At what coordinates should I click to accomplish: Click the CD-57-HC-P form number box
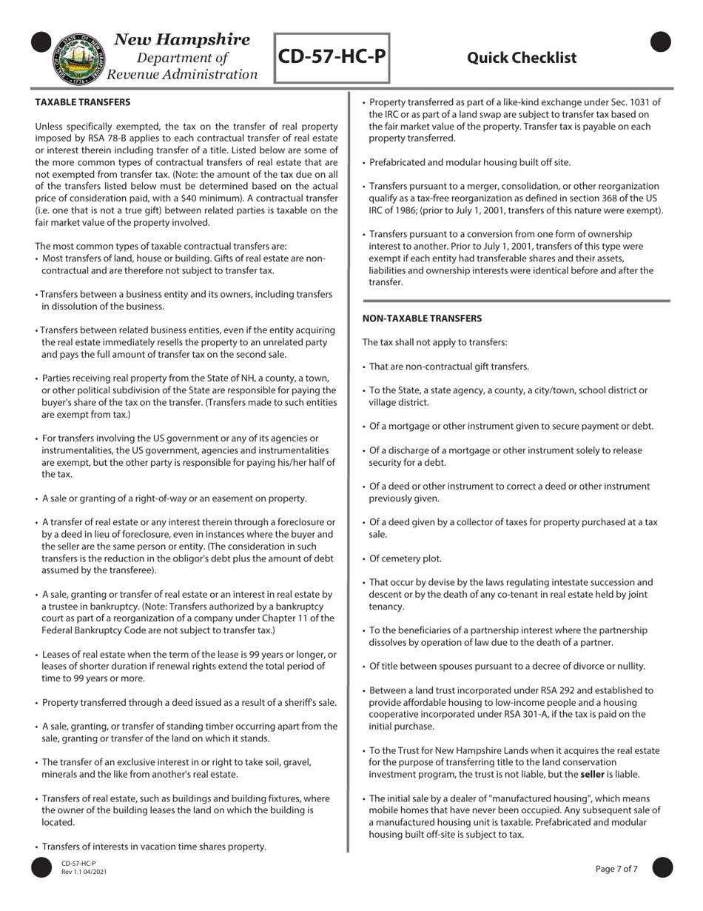pyautogui.click(x=332, y=57)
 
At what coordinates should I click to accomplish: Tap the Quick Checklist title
pyautogui.click(x=522, y=58)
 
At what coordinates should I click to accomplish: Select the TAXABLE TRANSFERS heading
pyautogui.click(x=83, y=102)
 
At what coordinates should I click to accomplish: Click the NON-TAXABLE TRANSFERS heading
pyautogui.click(x=422, y=318)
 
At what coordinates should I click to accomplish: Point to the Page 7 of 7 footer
pyautogui.click(x=616, y=869)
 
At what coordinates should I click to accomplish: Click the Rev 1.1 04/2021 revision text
pyautogui.click(x=84, y=872)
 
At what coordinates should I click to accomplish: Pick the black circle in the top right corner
pyautogui.click(x=661, y=43)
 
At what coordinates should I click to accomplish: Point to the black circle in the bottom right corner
pyautogui.click(x=662, y=868)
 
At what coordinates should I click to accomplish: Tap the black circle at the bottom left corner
pyautogui.click(x=42, y=868)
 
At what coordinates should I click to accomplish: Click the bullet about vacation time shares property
pyautogui.click(x=154, y=847)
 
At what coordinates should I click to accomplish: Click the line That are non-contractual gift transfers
pyautogui.click(x=448, y=367)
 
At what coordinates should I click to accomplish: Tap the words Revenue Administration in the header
pyautogui.click(x=183, y=75)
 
